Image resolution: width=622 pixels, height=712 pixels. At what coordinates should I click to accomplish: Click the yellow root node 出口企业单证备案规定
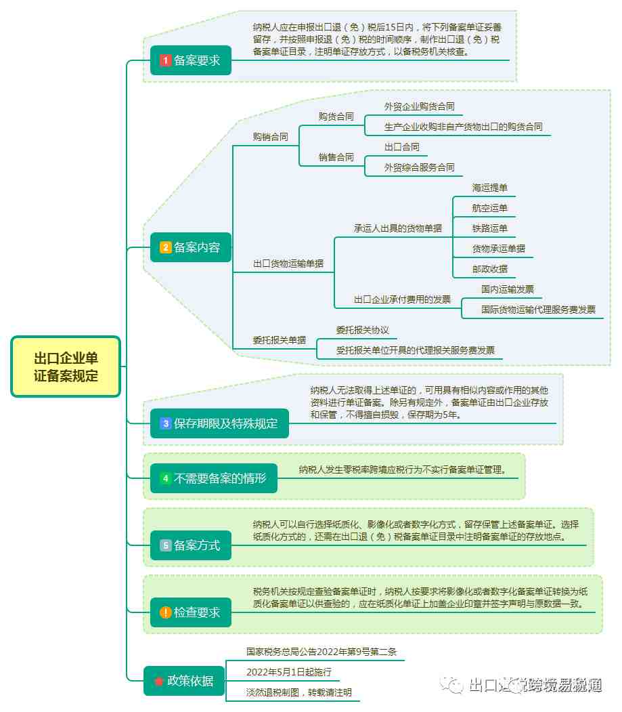tap(66, 367)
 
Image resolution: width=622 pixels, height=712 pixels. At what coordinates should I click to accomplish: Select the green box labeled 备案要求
tap(191, 60)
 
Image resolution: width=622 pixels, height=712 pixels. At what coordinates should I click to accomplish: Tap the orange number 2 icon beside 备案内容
tap(165, 247)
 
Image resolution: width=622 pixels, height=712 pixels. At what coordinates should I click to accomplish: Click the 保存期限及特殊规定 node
tap(219, 423)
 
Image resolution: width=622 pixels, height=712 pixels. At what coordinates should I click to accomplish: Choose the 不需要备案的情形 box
tap(214, 478)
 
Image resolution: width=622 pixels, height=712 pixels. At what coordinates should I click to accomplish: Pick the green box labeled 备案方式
tap(191, 545)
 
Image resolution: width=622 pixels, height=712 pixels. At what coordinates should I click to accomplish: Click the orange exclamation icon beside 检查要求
tap(165, 612)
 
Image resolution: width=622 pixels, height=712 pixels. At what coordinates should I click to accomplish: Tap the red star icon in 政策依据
tap(159, 681)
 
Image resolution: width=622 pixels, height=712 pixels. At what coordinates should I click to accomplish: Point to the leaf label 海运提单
tap(489, 188)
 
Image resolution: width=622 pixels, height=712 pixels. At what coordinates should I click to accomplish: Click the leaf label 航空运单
tap(489, 208)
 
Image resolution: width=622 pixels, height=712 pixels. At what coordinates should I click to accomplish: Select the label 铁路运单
tap(489, 228)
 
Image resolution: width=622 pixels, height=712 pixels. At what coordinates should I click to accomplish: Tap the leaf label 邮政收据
tap(489, 269)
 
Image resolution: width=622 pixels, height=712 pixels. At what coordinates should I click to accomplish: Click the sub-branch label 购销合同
tap(271, 137)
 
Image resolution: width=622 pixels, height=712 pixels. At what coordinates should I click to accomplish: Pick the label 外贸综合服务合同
tap(419, 167)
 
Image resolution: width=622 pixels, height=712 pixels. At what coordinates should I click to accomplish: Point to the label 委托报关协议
tap(363, 330)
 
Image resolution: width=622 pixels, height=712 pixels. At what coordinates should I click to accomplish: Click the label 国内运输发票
tap(507, 289)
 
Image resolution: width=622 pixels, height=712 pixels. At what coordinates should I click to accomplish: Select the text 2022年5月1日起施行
tap(289, 672)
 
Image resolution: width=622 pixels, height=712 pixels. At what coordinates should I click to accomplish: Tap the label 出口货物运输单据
tap(288, 264)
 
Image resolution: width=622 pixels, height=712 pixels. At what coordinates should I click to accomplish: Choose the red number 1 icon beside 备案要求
tap(165, 60)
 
